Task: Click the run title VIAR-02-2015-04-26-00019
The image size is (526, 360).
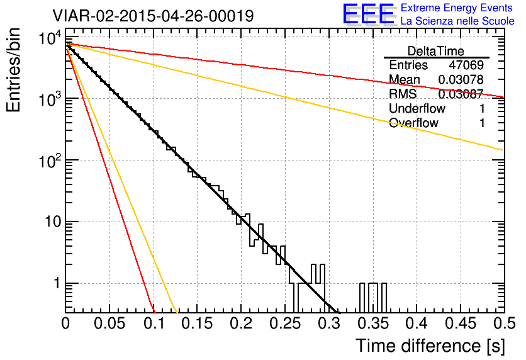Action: [153, 16]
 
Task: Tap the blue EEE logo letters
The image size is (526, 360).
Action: [368, 13]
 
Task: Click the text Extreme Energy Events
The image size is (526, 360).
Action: [457, 8]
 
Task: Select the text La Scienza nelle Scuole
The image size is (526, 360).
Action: [457, 21]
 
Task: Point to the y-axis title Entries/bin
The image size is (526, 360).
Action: [13, 70]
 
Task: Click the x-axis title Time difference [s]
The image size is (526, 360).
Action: [430, 346]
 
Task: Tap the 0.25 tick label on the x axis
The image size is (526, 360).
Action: [286, 323]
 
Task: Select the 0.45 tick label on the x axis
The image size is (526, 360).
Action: [461, 323]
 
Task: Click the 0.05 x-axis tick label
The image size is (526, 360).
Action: [109, 323]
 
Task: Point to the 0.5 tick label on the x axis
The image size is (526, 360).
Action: [504, 323]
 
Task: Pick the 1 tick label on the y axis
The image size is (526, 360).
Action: [57, 283]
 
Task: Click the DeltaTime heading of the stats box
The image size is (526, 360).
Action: [436, 51]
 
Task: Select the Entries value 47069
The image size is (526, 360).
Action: [466, 65]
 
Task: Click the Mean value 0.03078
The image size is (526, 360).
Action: [461, 79]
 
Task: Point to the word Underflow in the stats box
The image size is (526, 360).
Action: [417, 108]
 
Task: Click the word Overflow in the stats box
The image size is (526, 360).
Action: [413, 123]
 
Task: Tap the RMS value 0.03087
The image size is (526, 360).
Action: [461, 94]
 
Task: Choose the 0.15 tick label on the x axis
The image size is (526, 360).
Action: [198, 323]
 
